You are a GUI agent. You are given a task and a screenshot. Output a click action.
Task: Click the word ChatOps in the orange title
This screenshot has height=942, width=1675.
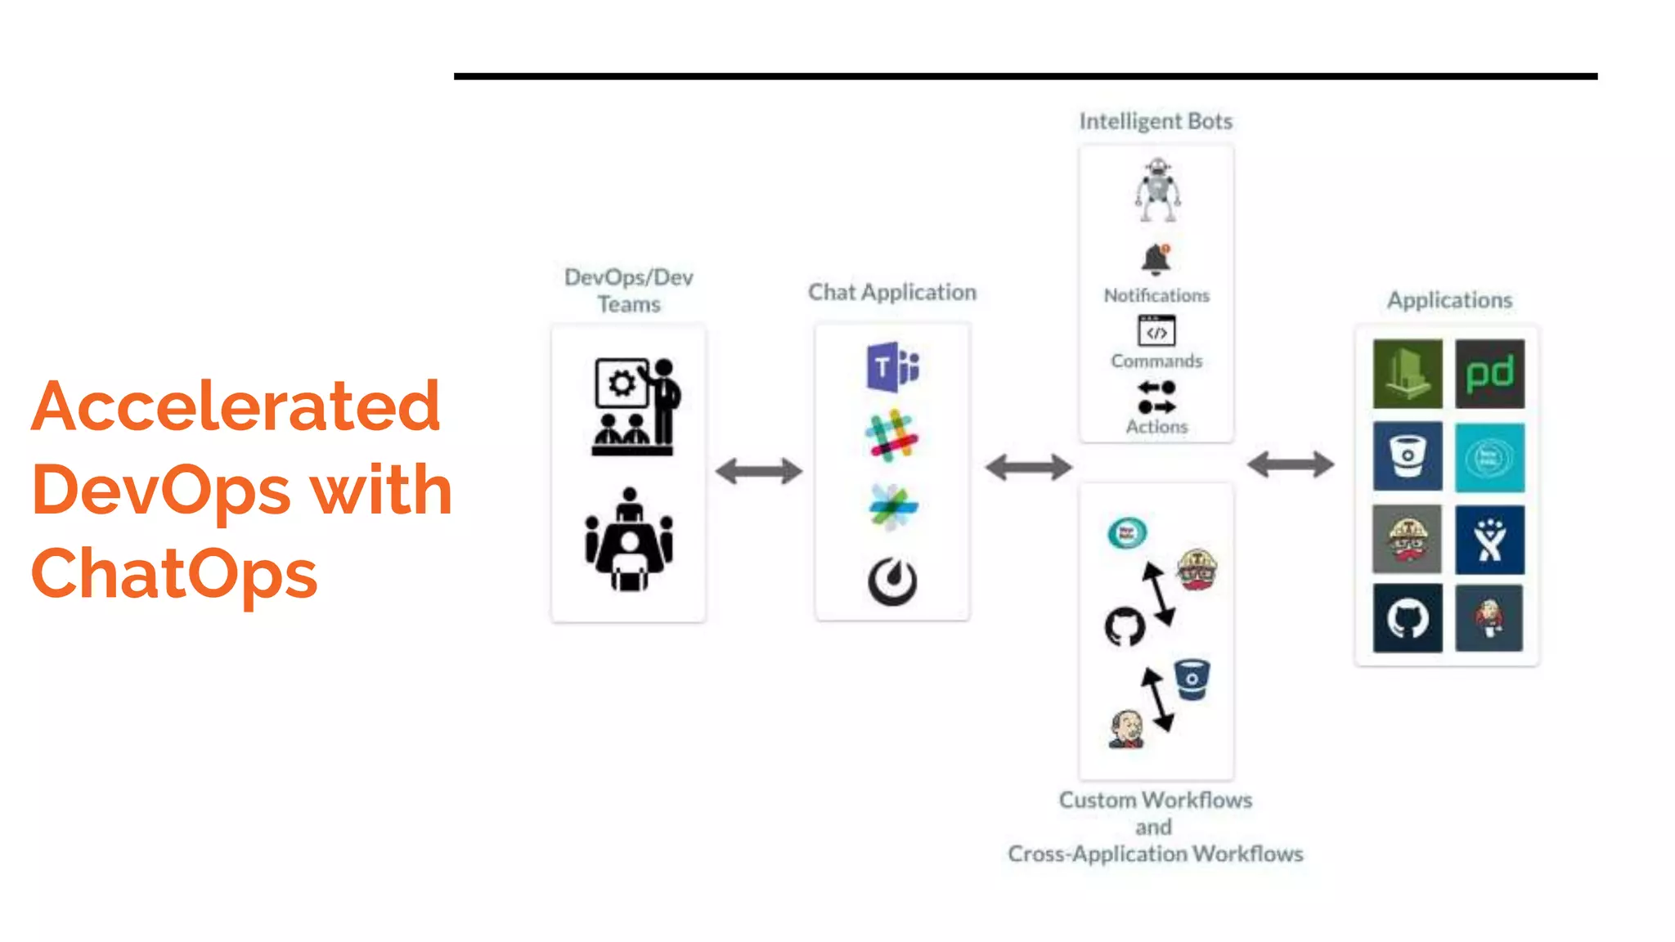pyautogui.click(x=174, y=574)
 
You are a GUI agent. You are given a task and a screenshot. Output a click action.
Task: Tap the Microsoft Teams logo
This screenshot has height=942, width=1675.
pyautogui.click(x=892, y=367)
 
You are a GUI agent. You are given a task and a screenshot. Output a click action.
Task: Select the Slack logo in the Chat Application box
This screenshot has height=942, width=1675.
pyautogui.click(x=891, y=436)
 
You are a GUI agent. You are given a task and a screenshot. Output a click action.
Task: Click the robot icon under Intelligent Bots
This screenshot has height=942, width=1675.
pyautogui.click(x=1157, y=190)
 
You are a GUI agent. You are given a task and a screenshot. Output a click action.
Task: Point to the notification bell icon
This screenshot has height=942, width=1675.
pyautogui.click(x=1156, y=260)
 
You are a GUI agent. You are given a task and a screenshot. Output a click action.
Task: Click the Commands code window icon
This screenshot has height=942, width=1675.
pyautogui.click(x=1156, y=331)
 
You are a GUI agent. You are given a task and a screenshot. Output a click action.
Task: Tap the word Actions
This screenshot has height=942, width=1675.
pyautogui.click(x=1156, y=427)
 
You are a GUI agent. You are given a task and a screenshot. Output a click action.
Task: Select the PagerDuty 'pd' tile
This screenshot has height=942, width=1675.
pyautogui.click(x=1489, y=374)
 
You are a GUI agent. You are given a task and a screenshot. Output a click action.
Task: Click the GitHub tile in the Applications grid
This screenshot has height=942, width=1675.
pyautogui.click(x=1407, y=618)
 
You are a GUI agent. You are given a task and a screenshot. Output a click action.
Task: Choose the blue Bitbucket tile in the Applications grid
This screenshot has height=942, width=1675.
pyautogui.click(x=1407, y=456)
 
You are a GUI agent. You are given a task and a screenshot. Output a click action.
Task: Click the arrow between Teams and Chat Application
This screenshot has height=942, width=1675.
pyautogui.click(x=759, y=471)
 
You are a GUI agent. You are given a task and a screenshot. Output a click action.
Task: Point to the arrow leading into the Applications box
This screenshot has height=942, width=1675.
pyautogui.click(x=1291, y=464)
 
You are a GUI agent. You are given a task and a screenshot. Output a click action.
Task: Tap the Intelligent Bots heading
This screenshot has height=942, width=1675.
pyautogui.click(x=1156, y=121)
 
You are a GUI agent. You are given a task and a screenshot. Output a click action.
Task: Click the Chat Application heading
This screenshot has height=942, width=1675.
pyautogui.click(x=892, y=292)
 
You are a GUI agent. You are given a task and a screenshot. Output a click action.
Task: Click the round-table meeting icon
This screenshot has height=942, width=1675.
pyautogui.click(x=629, y=540)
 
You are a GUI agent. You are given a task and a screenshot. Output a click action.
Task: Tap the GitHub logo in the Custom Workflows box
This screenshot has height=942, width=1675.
pyautogui.click(x=1125, y=626)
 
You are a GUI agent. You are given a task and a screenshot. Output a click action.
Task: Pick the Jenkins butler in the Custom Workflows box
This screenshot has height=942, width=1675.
pyautogui.click(x=1127, y=729)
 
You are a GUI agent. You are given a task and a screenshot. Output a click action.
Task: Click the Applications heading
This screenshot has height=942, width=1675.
pyautogui.click(x=1449, y=300)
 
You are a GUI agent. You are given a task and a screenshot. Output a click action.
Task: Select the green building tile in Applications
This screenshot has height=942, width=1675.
pyautogui.click(x=1407, y=374)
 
